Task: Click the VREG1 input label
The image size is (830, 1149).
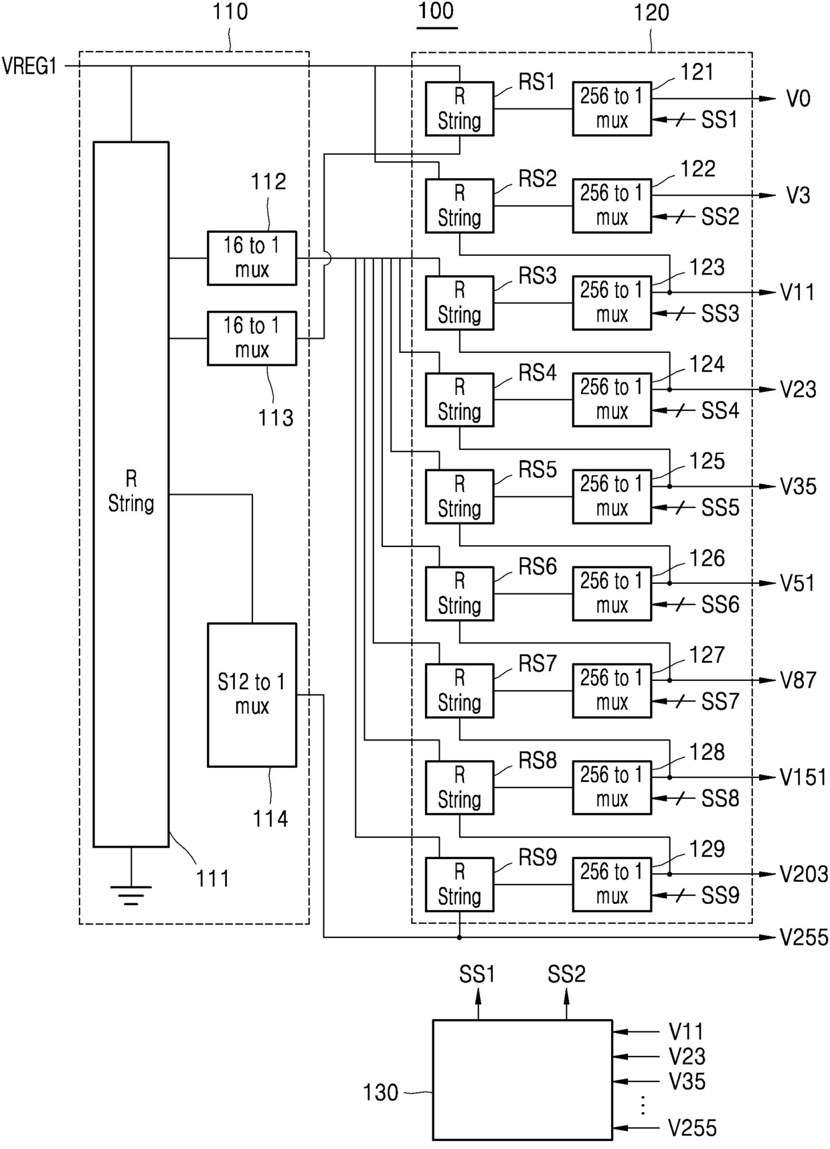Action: (29, 66)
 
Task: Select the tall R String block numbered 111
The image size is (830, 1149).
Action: (131, 494)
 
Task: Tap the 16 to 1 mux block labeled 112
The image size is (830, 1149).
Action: (252, 258)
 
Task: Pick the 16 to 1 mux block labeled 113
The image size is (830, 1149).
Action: (252, 338)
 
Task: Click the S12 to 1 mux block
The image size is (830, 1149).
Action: (252, 695)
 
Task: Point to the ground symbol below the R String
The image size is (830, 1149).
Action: (131, 895)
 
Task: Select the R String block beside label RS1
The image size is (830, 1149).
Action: (459, 109)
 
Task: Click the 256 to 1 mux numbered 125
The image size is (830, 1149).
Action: (612, 496)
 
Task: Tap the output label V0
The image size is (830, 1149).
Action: (798, 99)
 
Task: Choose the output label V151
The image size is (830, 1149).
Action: (803, 777)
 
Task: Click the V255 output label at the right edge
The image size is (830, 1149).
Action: (804, 937)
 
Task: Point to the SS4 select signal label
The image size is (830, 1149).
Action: (720, 410)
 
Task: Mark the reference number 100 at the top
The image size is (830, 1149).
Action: (436, 11)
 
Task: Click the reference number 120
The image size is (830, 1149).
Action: (651, 13)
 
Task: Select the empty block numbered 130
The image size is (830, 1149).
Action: (522, 1079)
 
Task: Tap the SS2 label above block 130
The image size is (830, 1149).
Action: (566, 974)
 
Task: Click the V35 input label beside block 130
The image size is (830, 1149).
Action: (687, 1081)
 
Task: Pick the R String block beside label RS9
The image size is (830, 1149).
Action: (459, 885)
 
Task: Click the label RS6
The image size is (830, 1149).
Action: (537, 567)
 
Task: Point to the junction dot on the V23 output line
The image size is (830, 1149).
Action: (669, 389)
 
